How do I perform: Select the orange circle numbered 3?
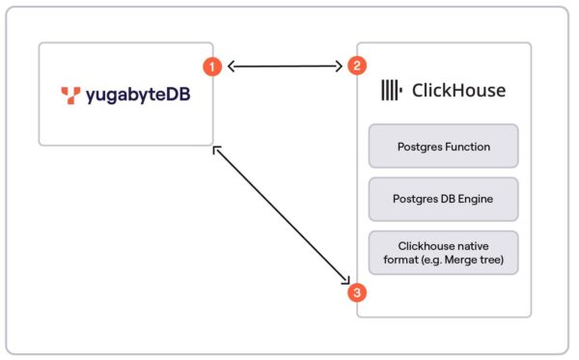click(x=357, y=291)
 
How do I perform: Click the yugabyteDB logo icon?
click(x=69, y=95)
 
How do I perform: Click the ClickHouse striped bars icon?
click(x=391, y=91)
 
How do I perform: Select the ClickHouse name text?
click(x=458, y=91)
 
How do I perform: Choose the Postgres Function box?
click(x=443, y=146)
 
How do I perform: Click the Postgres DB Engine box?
click(x=443, y=199)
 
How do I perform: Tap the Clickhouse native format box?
click(x=443, y=252)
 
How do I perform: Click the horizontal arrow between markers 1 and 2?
click(x=285, y=67)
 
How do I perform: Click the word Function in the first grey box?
click(x=466, y=147)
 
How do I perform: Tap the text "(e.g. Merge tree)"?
click(x=443, y=261)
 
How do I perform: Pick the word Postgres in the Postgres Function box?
click(x=419, y=147)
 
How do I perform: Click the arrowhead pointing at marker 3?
click(x=345, y=281)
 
